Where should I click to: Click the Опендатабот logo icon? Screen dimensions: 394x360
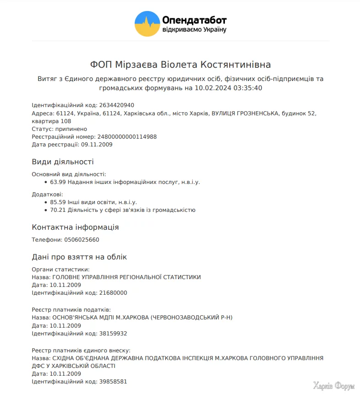click(x=147, y=24)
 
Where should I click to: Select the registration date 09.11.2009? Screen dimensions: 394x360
click(x=97, y=145)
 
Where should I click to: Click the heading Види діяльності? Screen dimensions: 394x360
click(x=63, y=162)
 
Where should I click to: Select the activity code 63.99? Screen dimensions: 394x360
click(x=58, y=182)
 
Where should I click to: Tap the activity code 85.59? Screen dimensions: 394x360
click(x=58, y=202)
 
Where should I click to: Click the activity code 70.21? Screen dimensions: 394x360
click(x=58, y=210)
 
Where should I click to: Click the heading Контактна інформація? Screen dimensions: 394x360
click(x=75, y=227)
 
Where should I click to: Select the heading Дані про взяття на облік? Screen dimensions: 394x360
click(x=79, y=257)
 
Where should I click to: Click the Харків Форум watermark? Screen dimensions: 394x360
click(x=334, y=386)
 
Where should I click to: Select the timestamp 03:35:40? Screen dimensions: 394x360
click(x=248, y=88)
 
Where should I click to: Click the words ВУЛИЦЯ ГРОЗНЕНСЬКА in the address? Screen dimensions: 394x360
click(x=245, y=113)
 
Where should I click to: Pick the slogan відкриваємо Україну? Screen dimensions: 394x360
click(x=194, y=30)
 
